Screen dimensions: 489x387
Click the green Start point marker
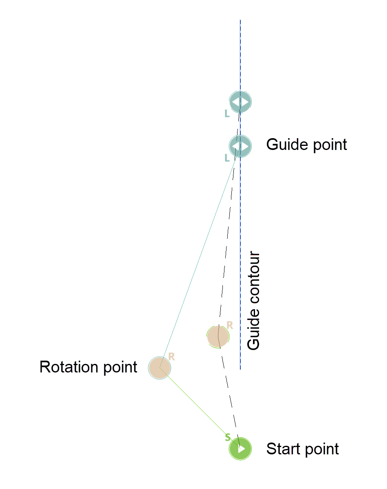[240, 449]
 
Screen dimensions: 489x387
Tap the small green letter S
[228, 437]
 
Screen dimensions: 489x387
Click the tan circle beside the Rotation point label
[159, 368]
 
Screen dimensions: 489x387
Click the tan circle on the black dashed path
[218, 337]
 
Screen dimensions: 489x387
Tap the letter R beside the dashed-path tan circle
[229, 325]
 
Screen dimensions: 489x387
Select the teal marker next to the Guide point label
[240, 146]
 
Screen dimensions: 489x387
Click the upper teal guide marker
[240, 101]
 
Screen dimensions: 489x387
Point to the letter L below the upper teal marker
[227, 114]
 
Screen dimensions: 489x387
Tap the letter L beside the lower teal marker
[227, 158]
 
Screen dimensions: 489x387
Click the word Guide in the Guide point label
[285, 145]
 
